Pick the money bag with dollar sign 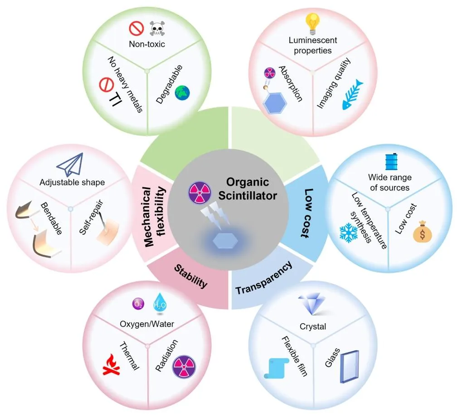click(x=422, y=232)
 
